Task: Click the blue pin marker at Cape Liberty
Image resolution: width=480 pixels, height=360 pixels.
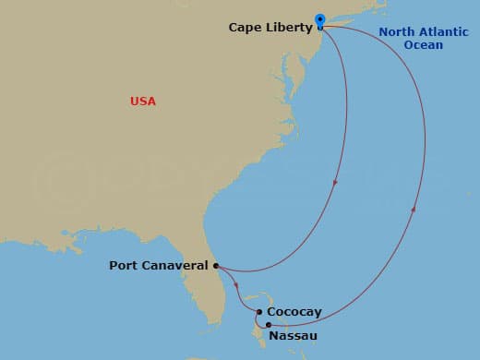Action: pyautogui.click(x=320, y=18)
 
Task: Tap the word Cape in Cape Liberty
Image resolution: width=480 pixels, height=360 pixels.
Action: pyautogui.click(x=244, y=29)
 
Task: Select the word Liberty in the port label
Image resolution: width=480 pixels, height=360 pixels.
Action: pyautogui.click(x=286, y=29)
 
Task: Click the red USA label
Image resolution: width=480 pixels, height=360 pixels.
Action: pyautogui.click(x=143, y=102)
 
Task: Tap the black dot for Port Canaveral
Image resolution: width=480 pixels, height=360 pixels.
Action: pyautogui.click(x=216, y=266)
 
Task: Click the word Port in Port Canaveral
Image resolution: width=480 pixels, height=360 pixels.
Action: pyautogui.click(x=124, y=266)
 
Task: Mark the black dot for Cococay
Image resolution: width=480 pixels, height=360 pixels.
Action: pyautogui.click(x=260, y=312)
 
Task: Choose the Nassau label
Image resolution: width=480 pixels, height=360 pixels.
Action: pyautogui.click(x=293, y=335)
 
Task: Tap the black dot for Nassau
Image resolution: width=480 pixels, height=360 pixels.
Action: pyautogui.click(x=268, y=325)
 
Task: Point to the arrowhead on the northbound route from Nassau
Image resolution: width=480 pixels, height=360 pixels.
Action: pyautogui.click(x=413, y=210)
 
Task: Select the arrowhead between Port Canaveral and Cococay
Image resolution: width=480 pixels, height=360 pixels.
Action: pyautogui.click(x=237, y=284)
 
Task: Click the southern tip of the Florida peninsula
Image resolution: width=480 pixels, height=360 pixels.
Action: pyautogui.click(x=220, y=323)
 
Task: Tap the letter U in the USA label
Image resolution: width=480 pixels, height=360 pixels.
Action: pyautogui.click(x=134, y=102)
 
